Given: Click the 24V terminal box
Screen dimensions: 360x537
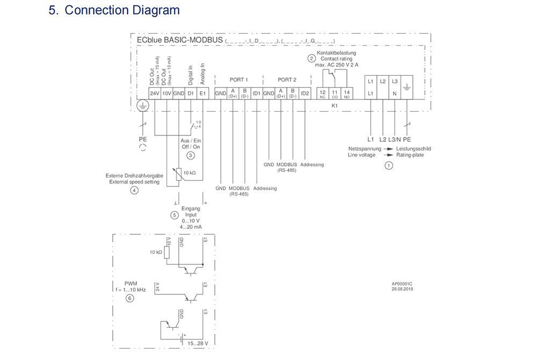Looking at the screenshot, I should tap(155, 93).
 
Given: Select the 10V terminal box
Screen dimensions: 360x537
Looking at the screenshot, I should tap(167, 93).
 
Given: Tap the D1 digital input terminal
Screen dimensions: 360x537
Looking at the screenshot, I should tap(190, 93).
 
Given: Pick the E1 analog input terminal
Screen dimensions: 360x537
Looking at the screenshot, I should tap(202, 93).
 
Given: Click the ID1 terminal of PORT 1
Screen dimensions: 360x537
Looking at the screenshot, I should tap(257, 93).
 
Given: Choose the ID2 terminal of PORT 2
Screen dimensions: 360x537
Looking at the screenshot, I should tap(305, 93).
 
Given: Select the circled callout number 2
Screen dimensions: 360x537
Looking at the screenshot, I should tap(311, 59).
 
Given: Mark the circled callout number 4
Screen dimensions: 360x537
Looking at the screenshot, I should tap(134, 190).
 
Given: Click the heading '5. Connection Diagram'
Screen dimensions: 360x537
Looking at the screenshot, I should tap(114, 10).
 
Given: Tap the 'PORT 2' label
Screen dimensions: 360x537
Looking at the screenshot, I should tap(287, 80).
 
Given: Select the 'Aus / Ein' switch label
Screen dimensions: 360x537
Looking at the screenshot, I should tap(191, 140).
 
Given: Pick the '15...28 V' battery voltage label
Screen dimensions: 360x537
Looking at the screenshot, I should tap(198, 343).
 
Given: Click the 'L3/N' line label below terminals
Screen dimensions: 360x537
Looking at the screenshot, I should tap(395, 140).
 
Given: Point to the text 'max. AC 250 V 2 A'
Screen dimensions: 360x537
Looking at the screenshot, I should tap(336, 64).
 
